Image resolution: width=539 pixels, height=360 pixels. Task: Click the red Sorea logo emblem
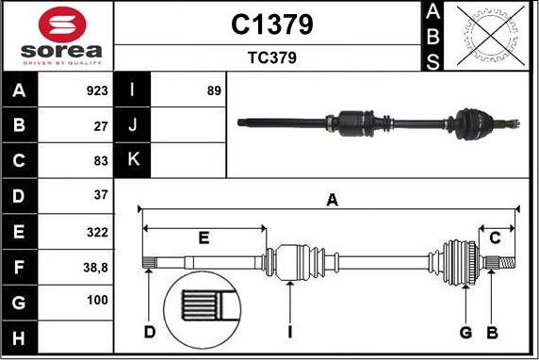(x=62, y=25)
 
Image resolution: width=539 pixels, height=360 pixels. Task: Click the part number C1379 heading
(x=272, y=25)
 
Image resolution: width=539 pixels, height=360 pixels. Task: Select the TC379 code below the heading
(x=272, y=57)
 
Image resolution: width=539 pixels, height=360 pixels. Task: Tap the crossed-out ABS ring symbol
(x=491, y=36)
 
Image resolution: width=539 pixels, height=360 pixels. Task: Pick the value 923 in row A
(x=97, y=90)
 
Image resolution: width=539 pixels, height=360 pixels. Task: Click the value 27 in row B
(x=101, y=126)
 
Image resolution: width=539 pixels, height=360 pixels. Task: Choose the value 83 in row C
(x=101, y=160)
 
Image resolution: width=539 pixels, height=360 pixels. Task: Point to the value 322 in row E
(x=97, y=233)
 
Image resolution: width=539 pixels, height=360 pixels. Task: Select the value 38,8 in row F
(x=95, y=268)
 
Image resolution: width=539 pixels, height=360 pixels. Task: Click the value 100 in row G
(x=97, y=301)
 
